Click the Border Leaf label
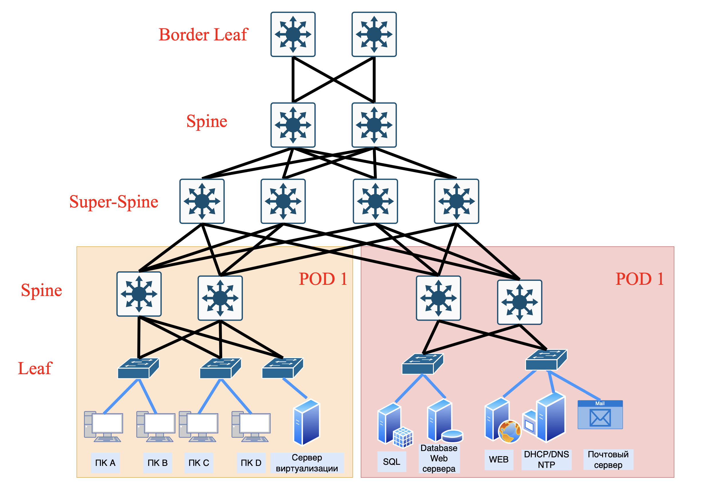203,34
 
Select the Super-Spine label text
114,202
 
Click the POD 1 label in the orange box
323,279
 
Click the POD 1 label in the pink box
639,279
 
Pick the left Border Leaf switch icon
293,34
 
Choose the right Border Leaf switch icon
374,34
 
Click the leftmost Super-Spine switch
202,201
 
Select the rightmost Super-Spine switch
456,201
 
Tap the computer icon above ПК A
103,426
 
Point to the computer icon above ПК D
251,426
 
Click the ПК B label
157,462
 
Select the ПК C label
199,462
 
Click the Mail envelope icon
600,417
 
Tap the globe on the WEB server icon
509,431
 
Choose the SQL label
391,462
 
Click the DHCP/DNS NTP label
546,459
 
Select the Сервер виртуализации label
307,462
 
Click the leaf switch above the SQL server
423,364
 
